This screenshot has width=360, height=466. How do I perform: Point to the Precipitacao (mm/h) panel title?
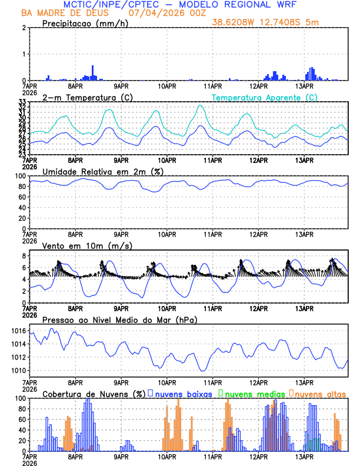pyautogui.click(x=84, y=24)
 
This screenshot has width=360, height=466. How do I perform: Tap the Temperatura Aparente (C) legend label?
pyautogui.click(x=264, y=97)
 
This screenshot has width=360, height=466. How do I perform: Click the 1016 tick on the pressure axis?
pyautogui.click(x=18, y=331)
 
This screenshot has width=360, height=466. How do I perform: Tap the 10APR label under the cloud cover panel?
pyautogui.click(x=167, y=457)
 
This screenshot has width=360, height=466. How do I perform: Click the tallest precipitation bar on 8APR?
pyautogui.click(x=92, y=73)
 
